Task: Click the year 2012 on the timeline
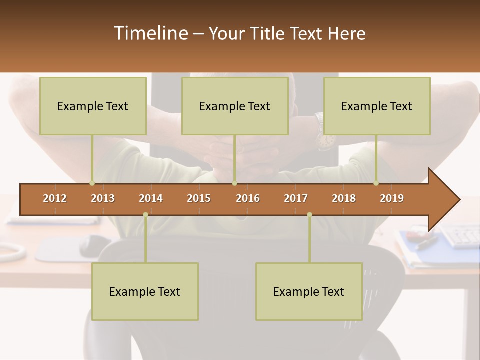pyautogui.click(x=55, y=198)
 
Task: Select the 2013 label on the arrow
pyautogui.click(x=103, y=198)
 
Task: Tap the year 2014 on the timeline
pyautogui.click(x=151, y=198)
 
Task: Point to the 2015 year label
pyautogui.click(x=199, y=198)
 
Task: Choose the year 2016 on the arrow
pyautogui.click(x=248, y=198)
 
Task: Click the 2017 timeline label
pyautogui.click(x=296, y=198)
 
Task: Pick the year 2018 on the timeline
pyautogui.click(x=344, y=198)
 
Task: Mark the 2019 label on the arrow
pyautogui.click(x=392, y=198)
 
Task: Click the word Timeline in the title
pyautogui.click(x=150, y=33)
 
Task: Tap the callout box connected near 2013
pyautogui.click(x=93, y=106)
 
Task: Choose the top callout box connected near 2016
pyautogui.click(x=235, y=106)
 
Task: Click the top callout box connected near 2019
pyautogui.click(x=377, y=106)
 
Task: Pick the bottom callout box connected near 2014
pyautogui.click(x=145, y=291)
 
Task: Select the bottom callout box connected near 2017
pyautogui.click(x=309, y=291)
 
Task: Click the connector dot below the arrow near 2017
pyautogui.click(x=309, y=214)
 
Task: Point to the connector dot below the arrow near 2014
pyautogui.click(x=145, y=214)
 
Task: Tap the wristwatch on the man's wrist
pyautogui.click(x=323, y=139)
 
